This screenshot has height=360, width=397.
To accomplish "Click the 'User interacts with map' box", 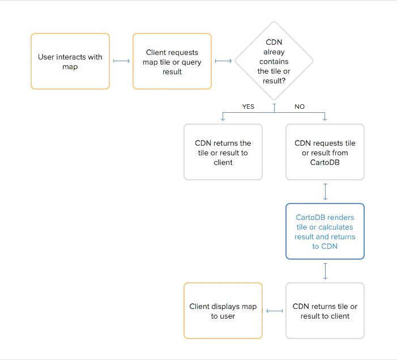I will coord(69,61).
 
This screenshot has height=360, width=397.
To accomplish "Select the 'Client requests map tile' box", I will coord(172,61).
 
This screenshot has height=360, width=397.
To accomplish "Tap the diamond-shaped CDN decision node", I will coord(275,61).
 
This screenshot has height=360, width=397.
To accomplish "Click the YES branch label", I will coord(247,107).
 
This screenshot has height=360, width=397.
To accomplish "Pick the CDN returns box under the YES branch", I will coord(222,152).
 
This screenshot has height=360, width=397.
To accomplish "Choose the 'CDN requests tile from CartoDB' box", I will coord(326,152).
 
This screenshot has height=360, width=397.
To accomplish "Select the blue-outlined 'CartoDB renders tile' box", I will coord(326,231).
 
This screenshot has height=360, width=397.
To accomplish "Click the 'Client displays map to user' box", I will coord(222,311).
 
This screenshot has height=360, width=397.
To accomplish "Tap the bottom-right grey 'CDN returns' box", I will coord(326,311).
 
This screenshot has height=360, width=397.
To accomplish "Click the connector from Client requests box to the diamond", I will coord(223,61).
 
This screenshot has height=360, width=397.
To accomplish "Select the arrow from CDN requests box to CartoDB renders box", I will coord(326,192).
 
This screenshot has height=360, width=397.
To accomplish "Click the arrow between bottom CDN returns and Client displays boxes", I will coord(274,311).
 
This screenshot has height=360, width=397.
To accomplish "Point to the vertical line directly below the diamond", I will coord(275,107).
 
